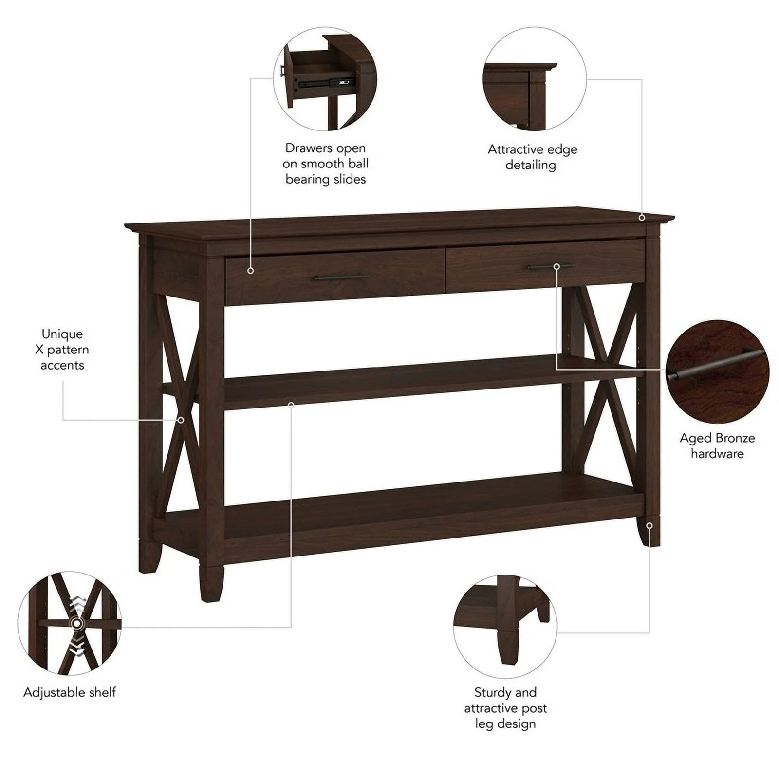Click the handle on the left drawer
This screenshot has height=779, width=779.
341,278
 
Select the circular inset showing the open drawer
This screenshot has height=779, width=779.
325,79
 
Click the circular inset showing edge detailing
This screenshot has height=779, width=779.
535,79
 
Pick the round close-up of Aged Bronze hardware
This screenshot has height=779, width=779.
717,371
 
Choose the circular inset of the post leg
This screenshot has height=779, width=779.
505,627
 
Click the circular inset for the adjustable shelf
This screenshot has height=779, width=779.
69,623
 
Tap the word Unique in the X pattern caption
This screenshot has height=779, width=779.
62,334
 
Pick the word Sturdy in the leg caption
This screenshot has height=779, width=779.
492,692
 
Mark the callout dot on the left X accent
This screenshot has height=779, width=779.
181,420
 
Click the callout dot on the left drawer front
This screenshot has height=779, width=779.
251,270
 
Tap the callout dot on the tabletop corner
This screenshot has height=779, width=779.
642,217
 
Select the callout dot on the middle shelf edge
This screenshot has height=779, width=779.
291,405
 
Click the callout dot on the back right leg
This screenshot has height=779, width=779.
649,526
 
